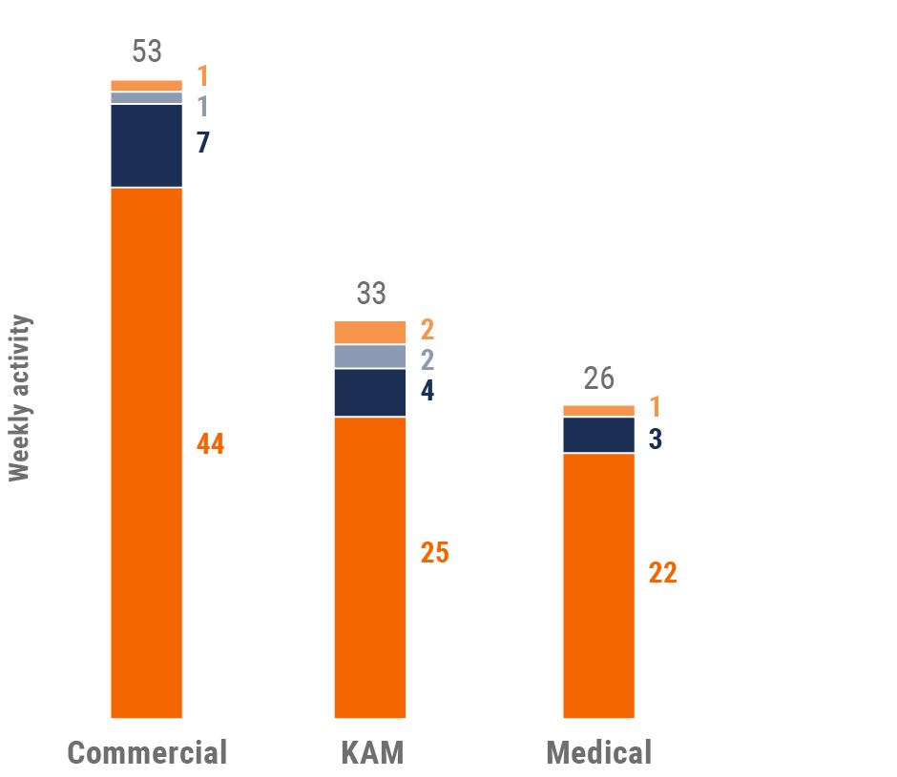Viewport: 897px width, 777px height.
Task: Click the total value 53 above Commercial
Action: (x=147, y=51)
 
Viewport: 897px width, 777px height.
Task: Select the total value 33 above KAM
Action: (x=371, y=293)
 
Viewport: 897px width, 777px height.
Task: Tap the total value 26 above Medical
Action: (x=598, y=378)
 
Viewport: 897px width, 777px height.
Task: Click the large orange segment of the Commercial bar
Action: (x=147, y=452)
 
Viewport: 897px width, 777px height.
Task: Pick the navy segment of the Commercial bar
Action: (x=147, y=145)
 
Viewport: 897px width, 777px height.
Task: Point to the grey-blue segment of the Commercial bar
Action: (x=147, y=97)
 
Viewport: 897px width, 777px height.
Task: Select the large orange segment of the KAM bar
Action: (x=370, y=566)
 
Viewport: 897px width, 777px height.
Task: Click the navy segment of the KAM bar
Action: (x=370, y=392)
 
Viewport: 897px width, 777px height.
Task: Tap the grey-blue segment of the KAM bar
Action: (x=370, y=356)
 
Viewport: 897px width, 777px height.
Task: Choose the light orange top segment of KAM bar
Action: (x=370, y=332)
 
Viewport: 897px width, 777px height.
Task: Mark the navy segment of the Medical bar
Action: (x=598, y=435)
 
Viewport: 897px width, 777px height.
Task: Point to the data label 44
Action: (x=211, y=444)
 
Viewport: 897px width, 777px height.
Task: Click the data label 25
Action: (x=435, y=553)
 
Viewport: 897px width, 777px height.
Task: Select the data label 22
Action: (x=663, y=573)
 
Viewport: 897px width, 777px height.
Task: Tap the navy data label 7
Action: (x=202, y=143)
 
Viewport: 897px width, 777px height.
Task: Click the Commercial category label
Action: (x=148, y=752)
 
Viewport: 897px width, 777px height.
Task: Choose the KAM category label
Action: (x=372, y=752)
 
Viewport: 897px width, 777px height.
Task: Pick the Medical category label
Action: (x=598, y=752)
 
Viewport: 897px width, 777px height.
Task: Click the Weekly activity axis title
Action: (x=20, y=399)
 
